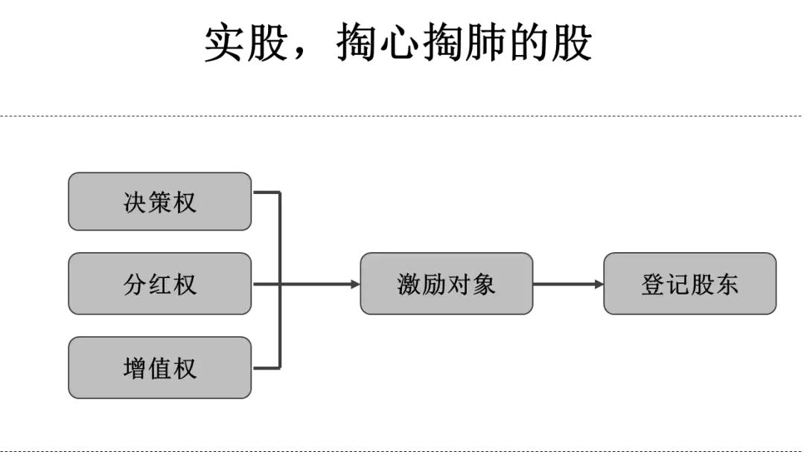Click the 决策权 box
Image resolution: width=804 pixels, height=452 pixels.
[159, 201]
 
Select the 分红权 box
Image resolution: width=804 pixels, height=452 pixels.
[159, 283]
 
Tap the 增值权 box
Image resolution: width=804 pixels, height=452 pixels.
[159, 367]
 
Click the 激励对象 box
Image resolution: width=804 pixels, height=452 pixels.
[446, 283]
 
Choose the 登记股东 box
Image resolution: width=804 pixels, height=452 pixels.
[689, 283]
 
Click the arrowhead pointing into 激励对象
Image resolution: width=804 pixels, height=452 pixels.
[355, 284]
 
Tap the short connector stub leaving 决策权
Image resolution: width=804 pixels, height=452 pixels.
[266, 193]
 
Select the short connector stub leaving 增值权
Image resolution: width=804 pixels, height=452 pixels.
[266, 367]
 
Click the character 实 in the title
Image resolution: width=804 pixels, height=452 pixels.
[224, 44]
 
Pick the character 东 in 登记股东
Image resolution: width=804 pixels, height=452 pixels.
[727, 284]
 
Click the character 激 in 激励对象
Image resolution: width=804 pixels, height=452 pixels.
[409, 284]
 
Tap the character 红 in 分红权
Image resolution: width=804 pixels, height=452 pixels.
[159, 284]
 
